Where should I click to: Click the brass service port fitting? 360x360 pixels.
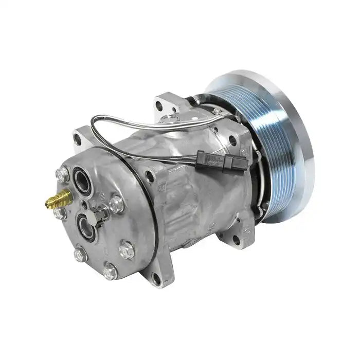pyautogui.click(x=58, y=197)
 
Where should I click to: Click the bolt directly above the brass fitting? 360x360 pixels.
pyautogui.click(x=63, y=175)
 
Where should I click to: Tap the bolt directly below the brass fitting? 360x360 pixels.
pyautogui.click(x=60, y=211)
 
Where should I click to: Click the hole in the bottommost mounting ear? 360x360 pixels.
pyautogui.click(x=156, y=278)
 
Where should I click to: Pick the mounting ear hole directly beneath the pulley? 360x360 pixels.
pyautogui.click(x=236, y=239)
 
